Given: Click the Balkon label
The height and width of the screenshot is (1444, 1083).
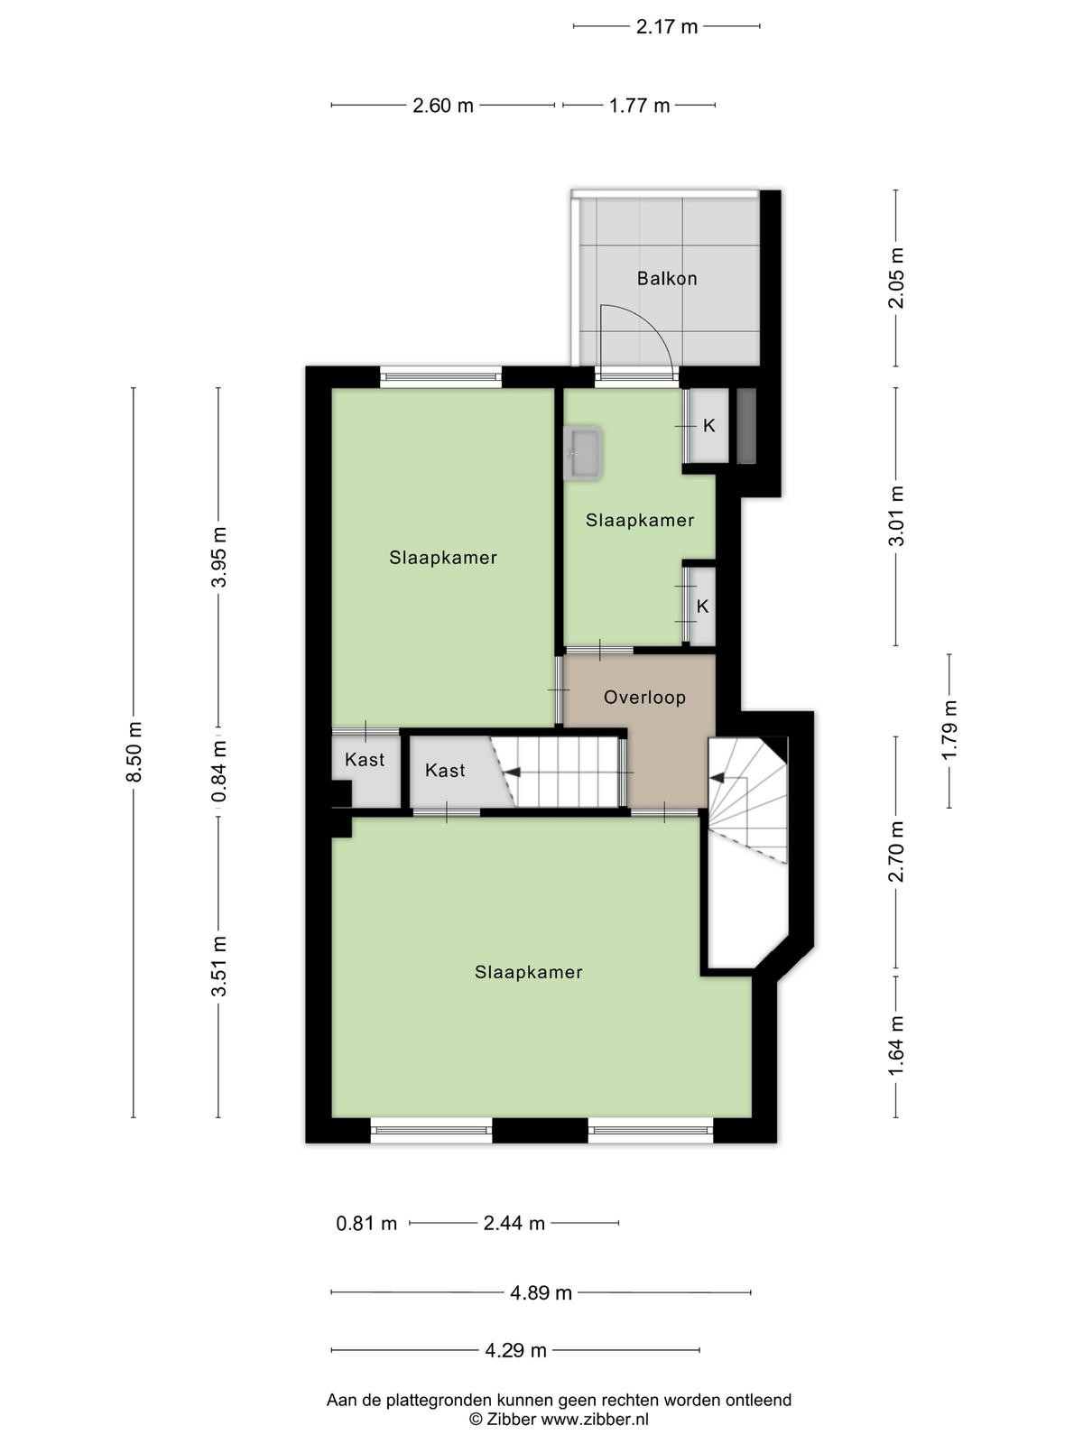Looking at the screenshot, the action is [666, 278].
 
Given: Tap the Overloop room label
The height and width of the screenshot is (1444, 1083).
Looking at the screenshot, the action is [644, 697].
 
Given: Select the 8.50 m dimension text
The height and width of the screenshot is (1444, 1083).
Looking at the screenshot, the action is [134, 751].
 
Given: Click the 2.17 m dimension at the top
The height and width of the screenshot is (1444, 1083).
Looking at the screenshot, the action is [666, 27].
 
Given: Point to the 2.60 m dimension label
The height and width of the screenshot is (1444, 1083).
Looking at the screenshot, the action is [442, 106].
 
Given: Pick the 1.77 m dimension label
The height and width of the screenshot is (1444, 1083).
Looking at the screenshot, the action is [639, 106].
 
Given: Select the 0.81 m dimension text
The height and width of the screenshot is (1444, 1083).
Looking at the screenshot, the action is [366, 1224].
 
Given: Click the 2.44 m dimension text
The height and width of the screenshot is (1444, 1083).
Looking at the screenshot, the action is [514, 1224].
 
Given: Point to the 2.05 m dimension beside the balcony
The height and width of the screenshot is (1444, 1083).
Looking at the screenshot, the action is [897, 278].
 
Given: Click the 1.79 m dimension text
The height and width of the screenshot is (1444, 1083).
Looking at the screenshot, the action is [949, 730].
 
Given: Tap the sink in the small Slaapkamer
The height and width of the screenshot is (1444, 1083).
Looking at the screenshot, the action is [583, 453].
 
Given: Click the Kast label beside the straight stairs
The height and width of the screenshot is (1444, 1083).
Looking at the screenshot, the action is [445, 770].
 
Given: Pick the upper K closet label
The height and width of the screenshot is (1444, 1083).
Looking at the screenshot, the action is [708, 426].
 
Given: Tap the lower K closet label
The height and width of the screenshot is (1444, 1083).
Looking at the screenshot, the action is [702, 606].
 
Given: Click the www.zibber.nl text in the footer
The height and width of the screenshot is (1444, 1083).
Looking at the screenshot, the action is [595, 1419].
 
